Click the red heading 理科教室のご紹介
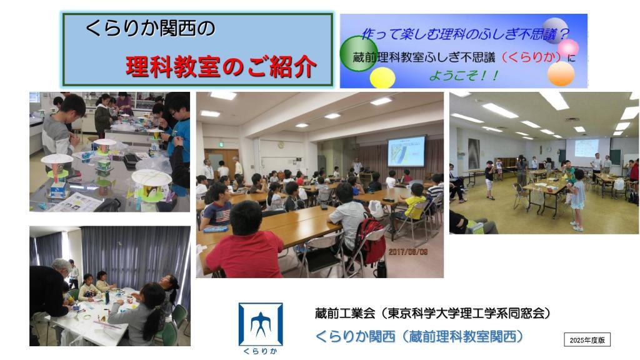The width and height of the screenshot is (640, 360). tap(221, 66)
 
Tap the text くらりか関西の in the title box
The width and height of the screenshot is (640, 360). tap(150, 29)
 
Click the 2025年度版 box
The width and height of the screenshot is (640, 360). tap(587, 340)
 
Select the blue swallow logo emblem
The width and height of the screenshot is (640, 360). tap(261, 324)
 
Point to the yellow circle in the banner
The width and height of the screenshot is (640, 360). tap(382, 77)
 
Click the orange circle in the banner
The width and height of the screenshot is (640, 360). tap(561, 74)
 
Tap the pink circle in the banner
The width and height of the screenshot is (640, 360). tap(568, 47)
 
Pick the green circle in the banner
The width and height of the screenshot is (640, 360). tap(359, 54)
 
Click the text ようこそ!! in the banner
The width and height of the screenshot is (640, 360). tap(464, 76)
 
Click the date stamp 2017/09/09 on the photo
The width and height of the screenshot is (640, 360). tap(407, 252)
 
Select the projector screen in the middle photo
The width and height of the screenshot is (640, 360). tap(406, 151)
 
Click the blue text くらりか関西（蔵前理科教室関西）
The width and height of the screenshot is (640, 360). tap(419, 336)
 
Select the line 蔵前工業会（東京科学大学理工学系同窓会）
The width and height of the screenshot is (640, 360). tap(432, 313)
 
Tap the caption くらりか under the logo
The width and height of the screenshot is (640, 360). tap(261, 351)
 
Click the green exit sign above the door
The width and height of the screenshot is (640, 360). tap(221, 144)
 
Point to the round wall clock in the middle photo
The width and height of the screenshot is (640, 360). tap(281, 145)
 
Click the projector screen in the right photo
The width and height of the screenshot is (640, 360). tap(586, 148)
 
